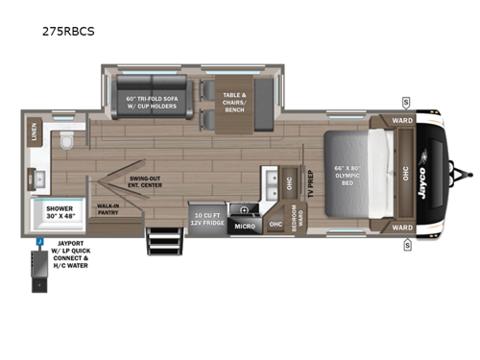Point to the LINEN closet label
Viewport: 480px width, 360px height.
pyautogui.click(x=35, y=132)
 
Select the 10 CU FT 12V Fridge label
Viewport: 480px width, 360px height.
pyautogui.click(x=207, y=219)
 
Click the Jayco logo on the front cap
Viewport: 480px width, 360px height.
pyautogui.click(x=447, y=176)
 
